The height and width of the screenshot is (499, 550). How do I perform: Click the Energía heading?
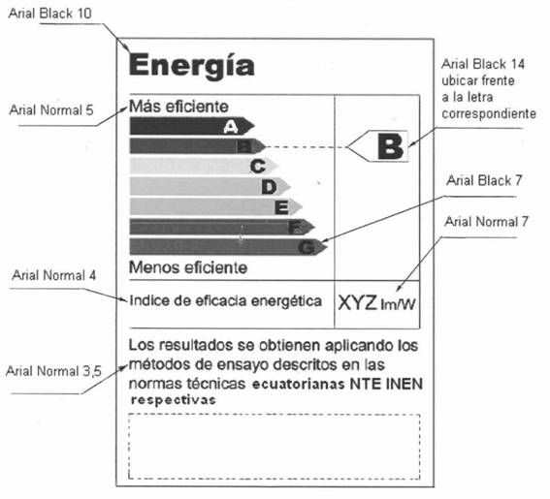[x=192, y=66]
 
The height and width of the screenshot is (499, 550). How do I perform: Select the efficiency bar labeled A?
[x=192, y=126]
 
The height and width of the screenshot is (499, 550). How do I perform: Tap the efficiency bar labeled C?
[x=204, y=166]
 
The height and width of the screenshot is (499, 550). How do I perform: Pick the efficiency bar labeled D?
[x=210, y=186]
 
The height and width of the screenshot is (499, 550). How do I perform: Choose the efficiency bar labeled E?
[x=216, y=206]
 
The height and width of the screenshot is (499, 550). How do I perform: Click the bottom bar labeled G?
[x=229, y=247]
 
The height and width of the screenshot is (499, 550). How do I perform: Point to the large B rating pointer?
[x=377, y=146]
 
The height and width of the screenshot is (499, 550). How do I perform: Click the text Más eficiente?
[x=178, y=107]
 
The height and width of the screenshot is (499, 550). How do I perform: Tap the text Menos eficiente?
[x=188, y=267]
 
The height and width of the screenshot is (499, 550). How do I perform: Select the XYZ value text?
[x=357, y=302]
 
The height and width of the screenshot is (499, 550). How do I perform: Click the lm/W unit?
[x=398, y=304]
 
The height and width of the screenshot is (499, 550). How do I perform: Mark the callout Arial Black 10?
[x=49, y=14]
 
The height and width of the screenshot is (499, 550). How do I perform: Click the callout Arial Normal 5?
[x=51, y=110]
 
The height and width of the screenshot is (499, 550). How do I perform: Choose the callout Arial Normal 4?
[x=53, y=275]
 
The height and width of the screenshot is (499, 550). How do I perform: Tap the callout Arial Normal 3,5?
[x=53, y=371]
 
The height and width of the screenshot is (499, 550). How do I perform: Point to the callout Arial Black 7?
[x=484, y=180]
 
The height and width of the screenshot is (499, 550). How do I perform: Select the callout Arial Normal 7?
[x=486, y=222]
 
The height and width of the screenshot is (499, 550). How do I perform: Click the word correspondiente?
[x=489, y=113]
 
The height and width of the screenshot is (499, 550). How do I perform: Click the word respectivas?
[x=173, y=400]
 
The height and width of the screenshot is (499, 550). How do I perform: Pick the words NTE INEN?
[x=386, y=384]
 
